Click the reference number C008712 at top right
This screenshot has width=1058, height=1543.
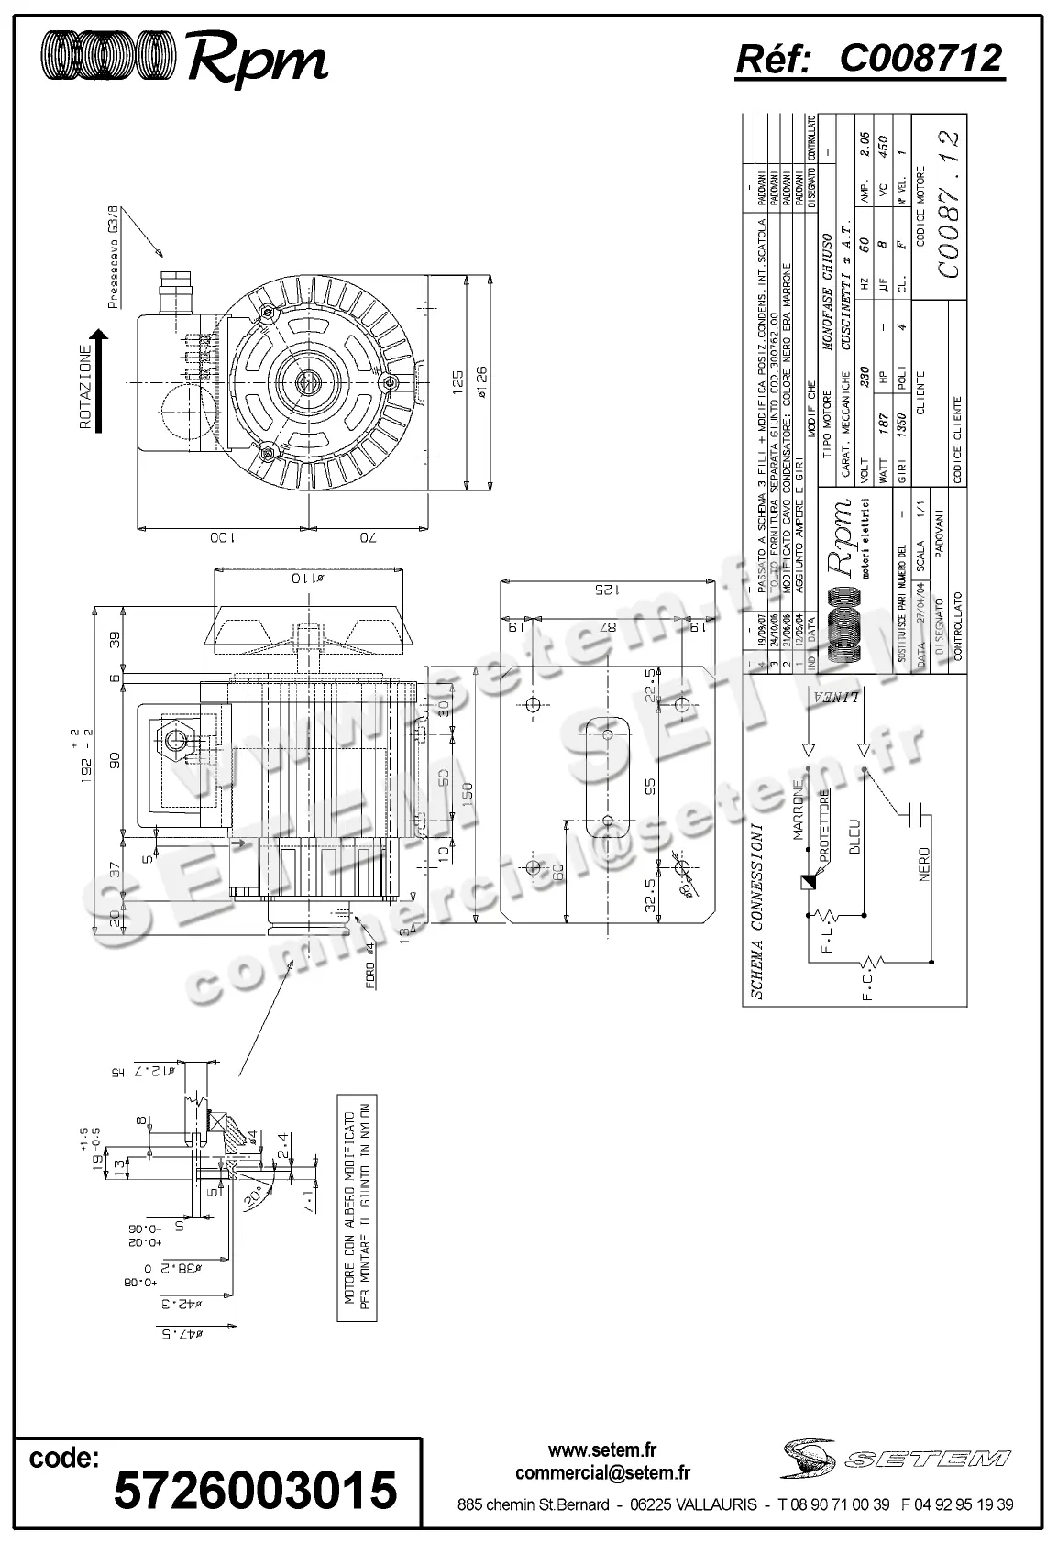point(870,60)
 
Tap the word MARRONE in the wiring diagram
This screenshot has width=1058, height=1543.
point(799,810)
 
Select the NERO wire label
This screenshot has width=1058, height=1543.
point(923,864)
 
